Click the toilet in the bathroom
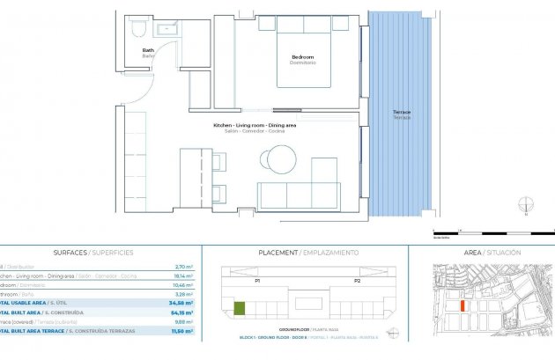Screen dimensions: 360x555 click(136, 29)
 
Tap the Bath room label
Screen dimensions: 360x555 click(148, 52)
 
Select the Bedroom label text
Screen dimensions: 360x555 click(302, 59)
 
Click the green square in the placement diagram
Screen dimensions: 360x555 click(239, 308)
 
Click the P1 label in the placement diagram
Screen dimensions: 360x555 click(257, 281)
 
